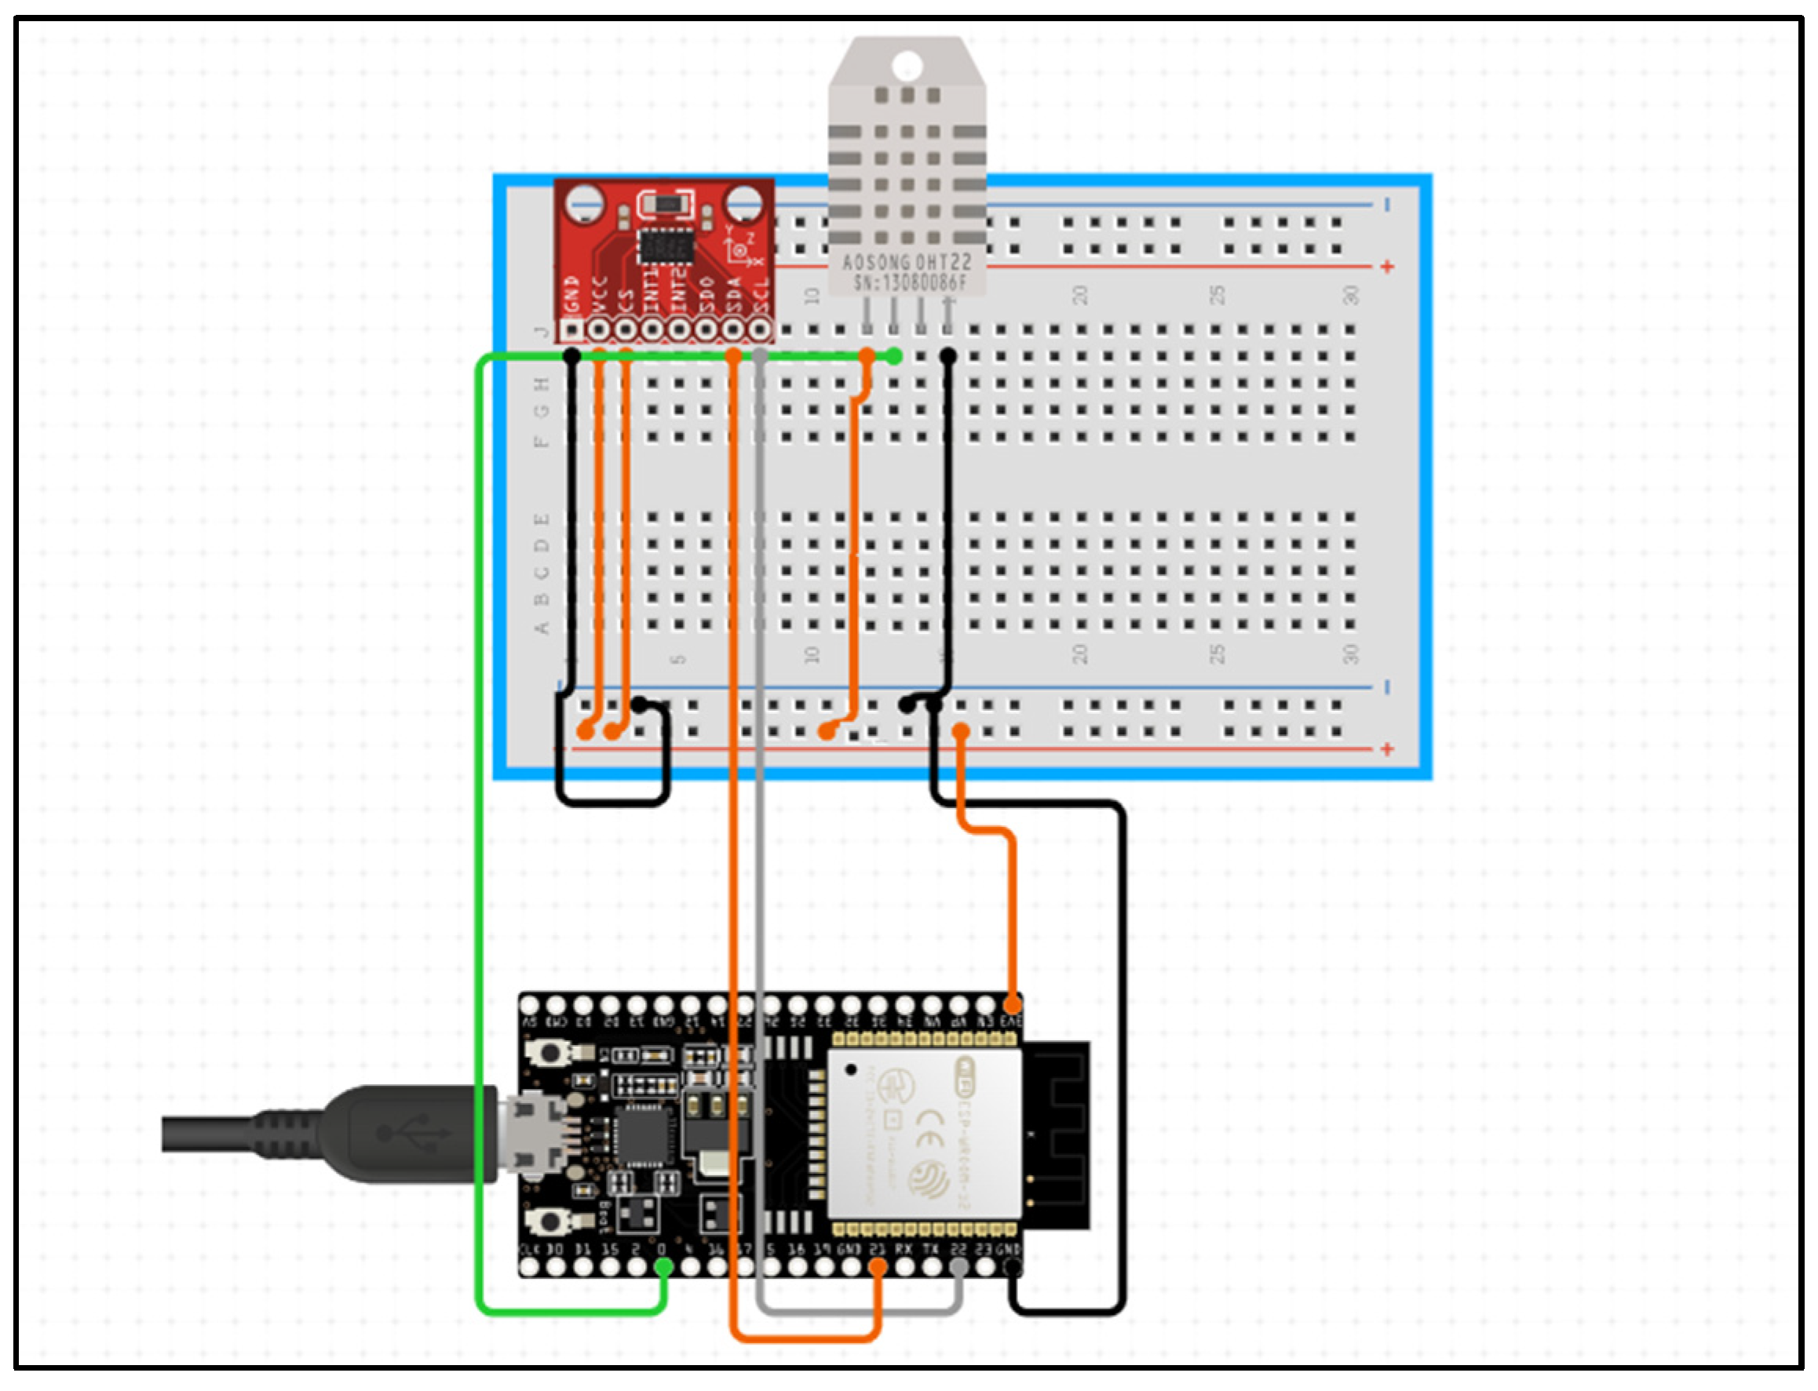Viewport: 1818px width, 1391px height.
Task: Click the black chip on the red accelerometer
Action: (665, 246)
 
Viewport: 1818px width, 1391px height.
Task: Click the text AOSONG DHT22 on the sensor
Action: (907, 264)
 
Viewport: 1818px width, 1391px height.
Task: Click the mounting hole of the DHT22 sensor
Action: (907, 64)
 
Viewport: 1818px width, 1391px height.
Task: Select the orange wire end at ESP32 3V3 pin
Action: (1012, 1004)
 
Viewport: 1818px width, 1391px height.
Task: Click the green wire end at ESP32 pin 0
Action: (663, 1268)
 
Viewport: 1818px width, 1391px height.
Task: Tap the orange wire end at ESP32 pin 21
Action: (878, 1268)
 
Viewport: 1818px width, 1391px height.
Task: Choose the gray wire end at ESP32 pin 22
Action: (958, 1268)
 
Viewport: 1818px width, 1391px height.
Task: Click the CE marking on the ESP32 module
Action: (930, 1127)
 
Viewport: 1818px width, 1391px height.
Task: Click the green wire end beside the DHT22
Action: (893, 357)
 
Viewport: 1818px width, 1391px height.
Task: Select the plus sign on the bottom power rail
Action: (1387, 749)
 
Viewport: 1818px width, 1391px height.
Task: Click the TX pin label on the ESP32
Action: (931, 1248)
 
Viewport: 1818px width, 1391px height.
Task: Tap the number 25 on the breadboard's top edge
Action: (1216, 296)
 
